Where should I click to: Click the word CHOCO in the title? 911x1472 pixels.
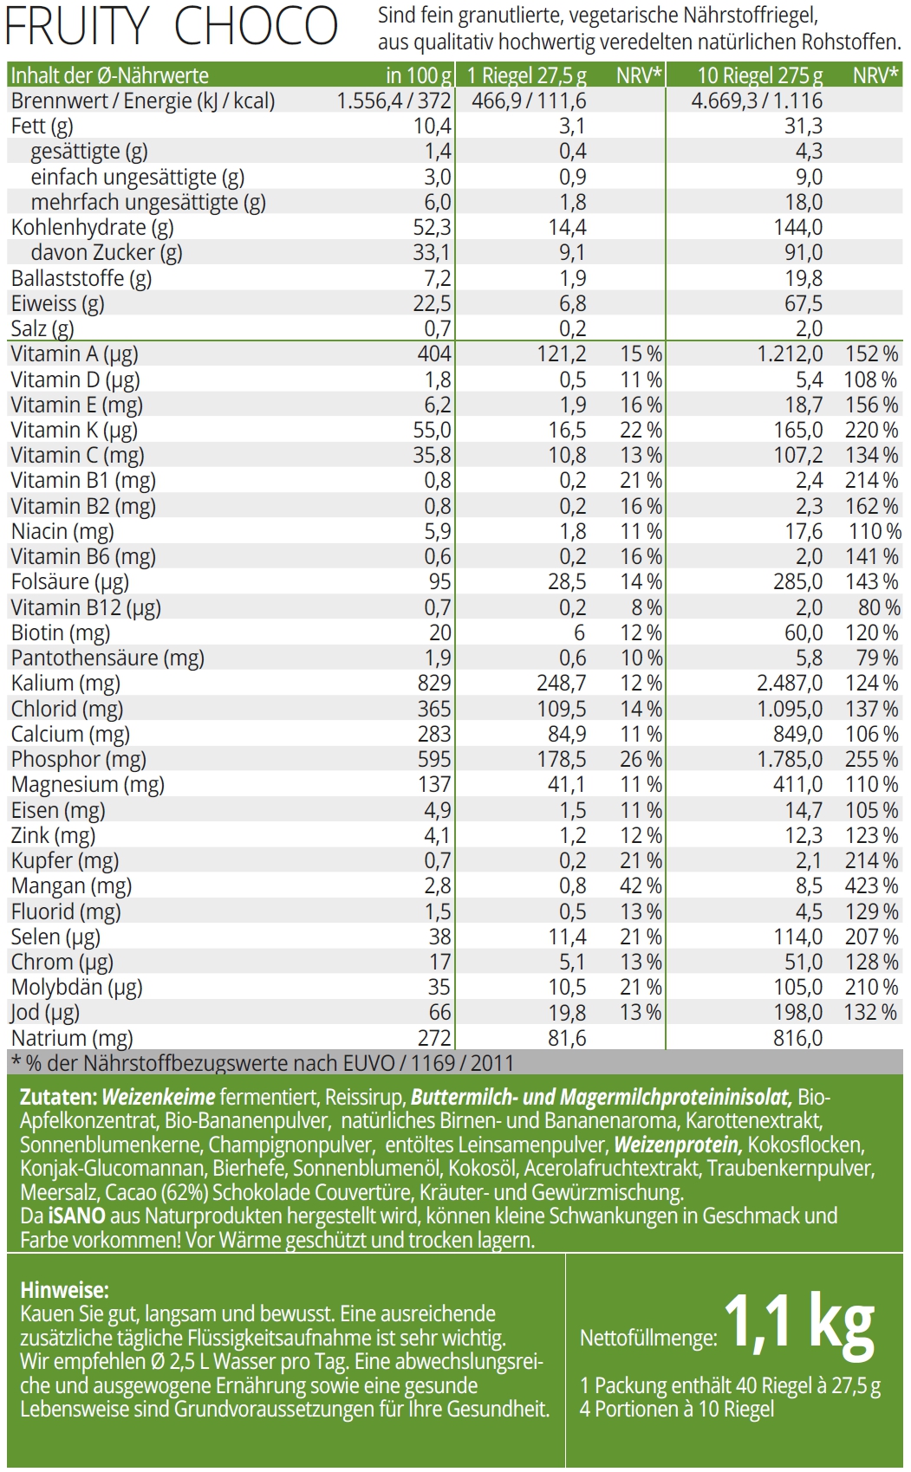(x=256, y=27)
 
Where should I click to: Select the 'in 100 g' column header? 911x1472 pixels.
(x=420, y=75)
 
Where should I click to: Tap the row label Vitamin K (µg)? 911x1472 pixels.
(x=75, y=430)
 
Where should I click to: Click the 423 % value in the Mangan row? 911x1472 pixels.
(x=871, y=885)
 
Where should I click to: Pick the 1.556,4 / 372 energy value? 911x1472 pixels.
(x=394, y=101)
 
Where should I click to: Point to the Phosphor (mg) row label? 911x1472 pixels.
(x=79, y=759)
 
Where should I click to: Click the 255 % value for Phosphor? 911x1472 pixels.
(x=871, y=759)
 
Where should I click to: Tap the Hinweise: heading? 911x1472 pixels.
(x=64, y=1289)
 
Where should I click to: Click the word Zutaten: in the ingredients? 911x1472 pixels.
(x=57, y=1097)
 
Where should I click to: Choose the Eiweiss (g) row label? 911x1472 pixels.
(x=57, y=303)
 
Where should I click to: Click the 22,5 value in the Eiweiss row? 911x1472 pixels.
(x=433, y=303)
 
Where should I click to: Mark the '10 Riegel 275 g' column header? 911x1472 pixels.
(x=759, y=75)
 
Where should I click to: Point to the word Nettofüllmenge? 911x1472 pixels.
(x=648, y=1338)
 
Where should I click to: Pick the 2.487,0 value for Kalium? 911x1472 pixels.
(x=790, y=683)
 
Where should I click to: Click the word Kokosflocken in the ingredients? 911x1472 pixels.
(x=806, y=1145)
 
